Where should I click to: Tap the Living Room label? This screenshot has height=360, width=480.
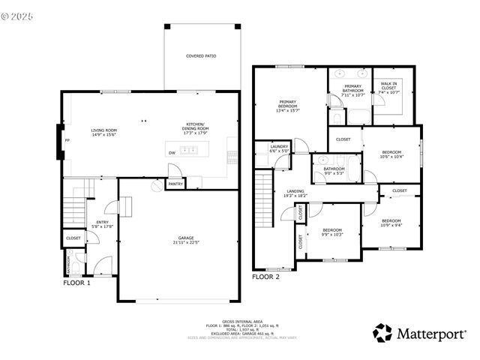click(x=103, y=130)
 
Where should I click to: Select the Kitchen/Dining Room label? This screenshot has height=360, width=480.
click(x=196, y=126)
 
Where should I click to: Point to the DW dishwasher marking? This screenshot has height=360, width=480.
click(x=172, y=153)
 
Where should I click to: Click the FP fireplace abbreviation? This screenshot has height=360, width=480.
click(x=67, y=140)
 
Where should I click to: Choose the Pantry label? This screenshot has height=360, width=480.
click(x=175, y=184)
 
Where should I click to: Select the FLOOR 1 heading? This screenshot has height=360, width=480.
click(x=76, y=283)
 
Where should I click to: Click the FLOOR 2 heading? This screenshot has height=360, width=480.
click(x=266, y=277)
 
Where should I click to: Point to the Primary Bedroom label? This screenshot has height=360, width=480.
click(x=288, y=104)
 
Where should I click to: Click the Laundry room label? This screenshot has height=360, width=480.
click(x=279, y=146)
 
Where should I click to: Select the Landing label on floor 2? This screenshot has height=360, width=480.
click(x=295, y=191)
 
